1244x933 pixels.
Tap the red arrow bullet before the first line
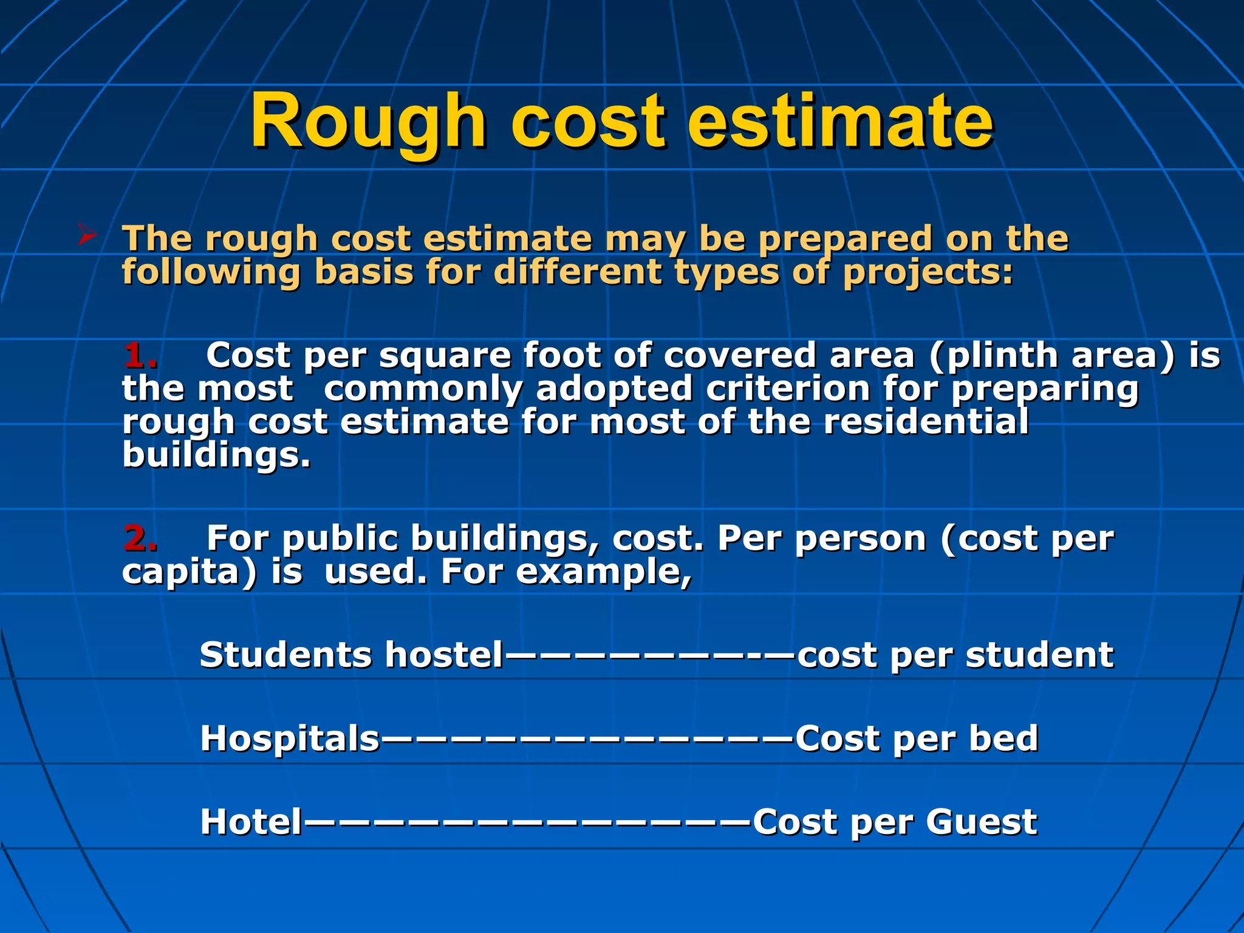[x=87, y=235]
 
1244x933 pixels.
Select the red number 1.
[x=140, y=355]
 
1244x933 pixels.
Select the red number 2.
[x=140, y=538]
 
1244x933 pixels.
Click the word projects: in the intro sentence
[x=928, y=272]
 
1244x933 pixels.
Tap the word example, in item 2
[x=604, y=572]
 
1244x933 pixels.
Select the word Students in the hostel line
[x=285, y=655]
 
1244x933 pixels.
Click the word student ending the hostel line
[x=1040, y=655]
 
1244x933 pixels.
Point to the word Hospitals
[x=290, y=739]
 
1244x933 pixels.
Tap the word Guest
[x=982, y=822]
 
